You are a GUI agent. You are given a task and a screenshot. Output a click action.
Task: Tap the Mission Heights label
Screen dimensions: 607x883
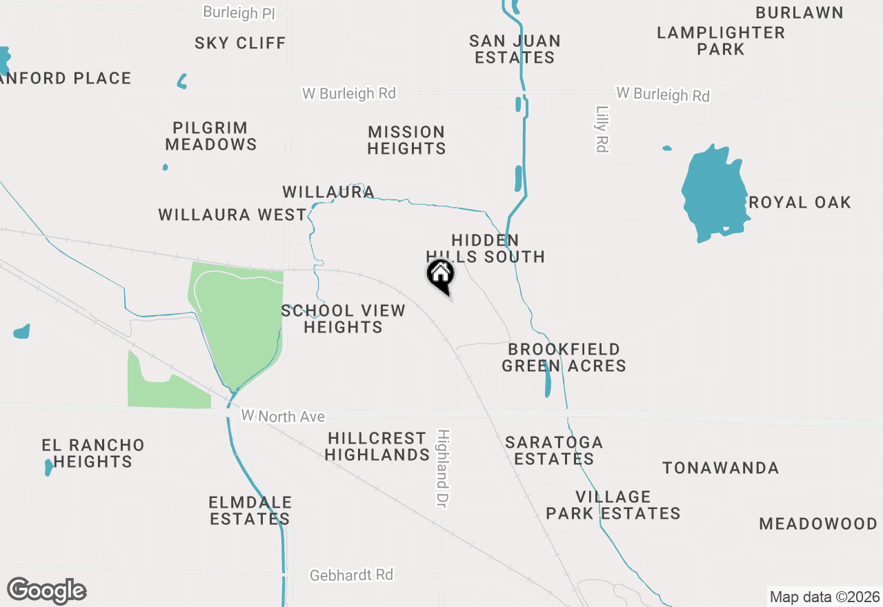(406, 140)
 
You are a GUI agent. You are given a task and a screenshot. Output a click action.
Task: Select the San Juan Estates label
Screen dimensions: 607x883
(515, 49)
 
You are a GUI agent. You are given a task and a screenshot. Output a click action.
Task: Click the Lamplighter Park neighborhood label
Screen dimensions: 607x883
(721, 41)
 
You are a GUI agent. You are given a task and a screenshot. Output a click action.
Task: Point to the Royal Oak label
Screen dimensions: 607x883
(800, 202)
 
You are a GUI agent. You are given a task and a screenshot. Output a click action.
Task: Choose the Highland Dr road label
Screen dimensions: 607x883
(443, 469)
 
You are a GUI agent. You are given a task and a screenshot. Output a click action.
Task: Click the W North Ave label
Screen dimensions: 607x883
(283, 417)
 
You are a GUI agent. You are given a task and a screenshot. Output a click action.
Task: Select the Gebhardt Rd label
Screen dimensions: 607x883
(351, 575)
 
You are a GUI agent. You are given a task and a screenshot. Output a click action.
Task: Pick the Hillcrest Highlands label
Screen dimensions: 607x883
(377, 446)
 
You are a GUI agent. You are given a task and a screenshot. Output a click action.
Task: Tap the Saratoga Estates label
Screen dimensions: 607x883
(554, 450)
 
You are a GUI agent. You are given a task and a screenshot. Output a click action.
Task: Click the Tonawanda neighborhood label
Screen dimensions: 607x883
(721, 468)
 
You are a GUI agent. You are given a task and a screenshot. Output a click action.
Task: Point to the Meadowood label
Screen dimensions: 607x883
(818, 524)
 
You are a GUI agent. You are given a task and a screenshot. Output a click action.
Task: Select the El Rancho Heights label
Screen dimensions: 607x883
(93, 453)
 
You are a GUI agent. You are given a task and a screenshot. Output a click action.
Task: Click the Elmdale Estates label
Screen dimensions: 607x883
(250, 510)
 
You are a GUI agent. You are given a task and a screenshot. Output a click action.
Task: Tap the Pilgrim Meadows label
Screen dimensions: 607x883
(210, 136)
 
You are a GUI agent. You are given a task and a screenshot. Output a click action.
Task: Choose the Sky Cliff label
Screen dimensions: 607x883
(240, 43)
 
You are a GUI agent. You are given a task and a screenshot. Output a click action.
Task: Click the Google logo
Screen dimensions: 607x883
(46, 590)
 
